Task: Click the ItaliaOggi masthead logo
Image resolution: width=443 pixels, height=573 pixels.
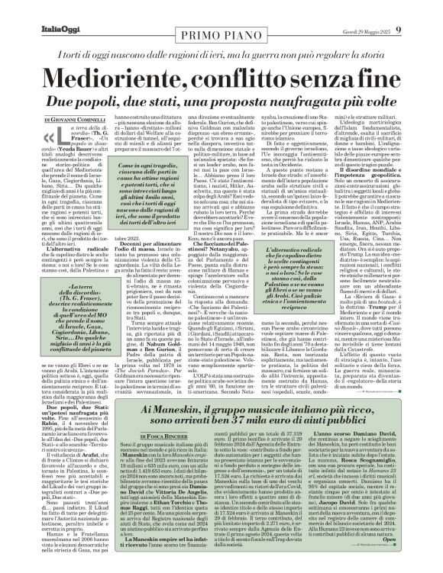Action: (x=39, y=9)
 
